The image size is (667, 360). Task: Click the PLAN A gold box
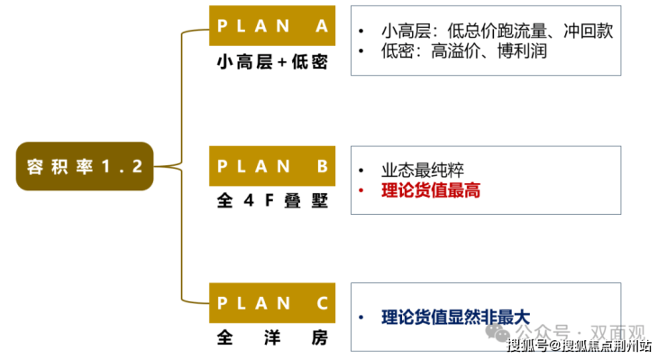click(272, 25)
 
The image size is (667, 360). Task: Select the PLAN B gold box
click(272, 166)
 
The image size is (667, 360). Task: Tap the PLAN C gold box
click(272, 303)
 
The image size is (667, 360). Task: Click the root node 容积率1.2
click(85, 166)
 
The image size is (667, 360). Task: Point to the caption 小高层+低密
click(272, 62)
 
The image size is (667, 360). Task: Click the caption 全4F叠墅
click(272, 200)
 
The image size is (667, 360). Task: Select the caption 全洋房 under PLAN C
click(272, 337)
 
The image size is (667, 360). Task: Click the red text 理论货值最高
click(431, 190)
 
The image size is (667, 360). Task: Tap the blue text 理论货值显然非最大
click(455, 318)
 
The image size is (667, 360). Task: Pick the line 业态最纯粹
click(423, 170)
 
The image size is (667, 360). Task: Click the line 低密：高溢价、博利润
click(463, 51)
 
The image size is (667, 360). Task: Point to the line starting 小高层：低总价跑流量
click(497, 31)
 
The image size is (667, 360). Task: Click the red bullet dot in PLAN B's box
click(361, 190)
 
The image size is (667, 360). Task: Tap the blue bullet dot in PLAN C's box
click(361, 318)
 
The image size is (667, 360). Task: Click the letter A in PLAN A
click(322, 26)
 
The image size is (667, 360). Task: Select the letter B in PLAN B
click(323, 166)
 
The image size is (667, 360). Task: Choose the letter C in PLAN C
click(323, 303)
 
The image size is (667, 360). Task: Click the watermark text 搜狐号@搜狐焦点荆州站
click(579, 346)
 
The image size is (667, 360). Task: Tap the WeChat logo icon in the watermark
click(497, 333)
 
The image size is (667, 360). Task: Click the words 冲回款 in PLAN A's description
click(589, 31)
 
